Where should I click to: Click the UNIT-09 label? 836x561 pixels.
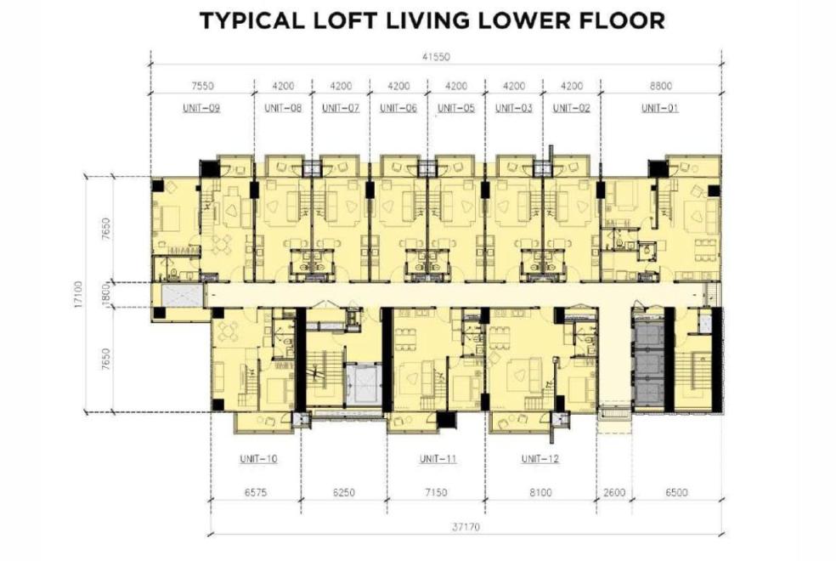point(201,108)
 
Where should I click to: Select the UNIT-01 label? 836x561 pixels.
point(660,108)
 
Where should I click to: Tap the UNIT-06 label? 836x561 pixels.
point(398,108)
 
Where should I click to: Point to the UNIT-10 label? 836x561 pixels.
point(258,459)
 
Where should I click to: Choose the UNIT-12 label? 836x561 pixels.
point(540,459)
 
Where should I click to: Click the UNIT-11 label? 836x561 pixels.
point(438,459)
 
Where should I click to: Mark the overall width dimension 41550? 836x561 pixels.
point(436,57)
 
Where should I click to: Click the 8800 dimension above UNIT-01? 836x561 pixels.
point(661,85)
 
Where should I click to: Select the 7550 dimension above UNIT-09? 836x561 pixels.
point(202,85)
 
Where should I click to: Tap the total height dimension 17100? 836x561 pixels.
point(79,295)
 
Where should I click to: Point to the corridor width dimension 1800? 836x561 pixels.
point(105,294)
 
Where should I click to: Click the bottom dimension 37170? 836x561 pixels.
point(466,527)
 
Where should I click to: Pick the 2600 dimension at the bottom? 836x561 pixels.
point(614,492)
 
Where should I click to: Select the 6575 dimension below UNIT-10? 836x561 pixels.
point(256,492)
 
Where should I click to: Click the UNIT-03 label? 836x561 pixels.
point(514,108)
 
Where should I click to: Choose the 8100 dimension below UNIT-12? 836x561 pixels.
point(540,492)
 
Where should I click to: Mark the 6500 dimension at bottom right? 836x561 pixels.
point(676,492)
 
